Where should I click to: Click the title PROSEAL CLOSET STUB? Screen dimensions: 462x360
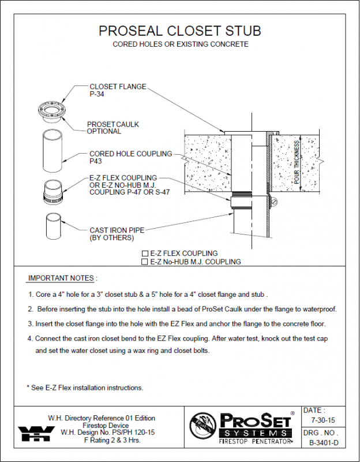tap(180, 30)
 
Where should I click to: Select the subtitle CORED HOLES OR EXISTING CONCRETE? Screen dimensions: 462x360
tap(180, 44)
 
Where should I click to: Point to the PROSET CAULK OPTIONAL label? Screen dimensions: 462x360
tap(112, 128)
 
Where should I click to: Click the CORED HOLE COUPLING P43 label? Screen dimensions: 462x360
tap(130, 158)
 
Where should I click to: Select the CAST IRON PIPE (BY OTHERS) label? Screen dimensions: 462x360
tap(117, 234)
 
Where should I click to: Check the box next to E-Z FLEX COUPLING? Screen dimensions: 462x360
tap(145, 254)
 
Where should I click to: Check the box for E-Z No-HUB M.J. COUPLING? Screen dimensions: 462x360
tap(145, 262)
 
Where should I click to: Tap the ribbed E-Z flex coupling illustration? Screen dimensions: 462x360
tap(51, 191)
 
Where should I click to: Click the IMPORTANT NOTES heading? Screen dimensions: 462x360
tap(63, 278)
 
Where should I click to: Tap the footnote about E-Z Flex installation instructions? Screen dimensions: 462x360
tap(85, 388)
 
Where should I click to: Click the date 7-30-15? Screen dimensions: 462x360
tap(322, 421)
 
